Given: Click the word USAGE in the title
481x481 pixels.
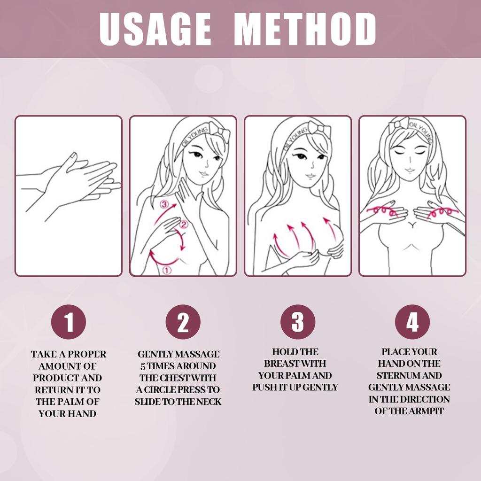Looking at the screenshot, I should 155,29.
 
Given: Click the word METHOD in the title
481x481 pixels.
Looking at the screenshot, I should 305,29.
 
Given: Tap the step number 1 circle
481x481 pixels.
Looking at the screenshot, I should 69,322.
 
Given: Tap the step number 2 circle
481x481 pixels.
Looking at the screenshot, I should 183,322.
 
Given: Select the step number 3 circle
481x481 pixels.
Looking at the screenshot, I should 298,322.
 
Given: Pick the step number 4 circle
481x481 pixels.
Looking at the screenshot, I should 412,322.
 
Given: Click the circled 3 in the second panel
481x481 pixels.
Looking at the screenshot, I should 164,204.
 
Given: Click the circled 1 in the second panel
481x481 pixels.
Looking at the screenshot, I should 167,270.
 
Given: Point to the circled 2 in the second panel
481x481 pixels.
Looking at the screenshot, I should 184,225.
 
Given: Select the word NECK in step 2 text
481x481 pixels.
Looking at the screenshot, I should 209,402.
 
